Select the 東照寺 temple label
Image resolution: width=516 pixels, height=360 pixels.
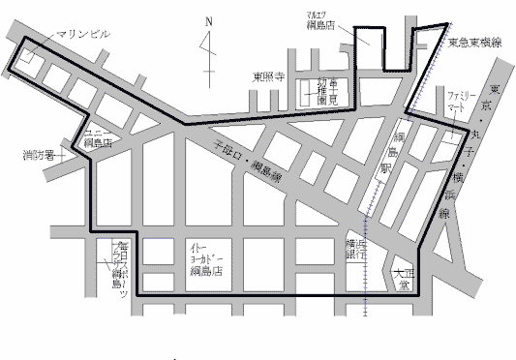pos(268,78)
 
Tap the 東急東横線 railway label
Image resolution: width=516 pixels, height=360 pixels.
pos(473,43)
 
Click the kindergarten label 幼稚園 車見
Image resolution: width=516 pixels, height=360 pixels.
pos(324,92)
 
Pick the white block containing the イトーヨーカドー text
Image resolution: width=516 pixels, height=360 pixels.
pos(206,261)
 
